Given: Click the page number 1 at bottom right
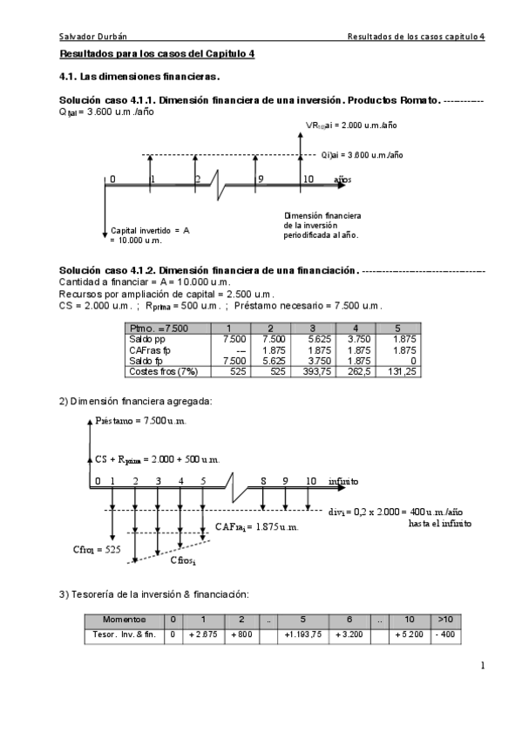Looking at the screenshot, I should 482,667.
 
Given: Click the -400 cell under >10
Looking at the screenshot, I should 444,634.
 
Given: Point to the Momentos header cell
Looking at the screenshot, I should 123,620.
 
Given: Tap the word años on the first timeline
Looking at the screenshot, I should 342,180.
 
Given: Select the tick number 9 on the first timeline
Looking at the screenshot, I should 260,180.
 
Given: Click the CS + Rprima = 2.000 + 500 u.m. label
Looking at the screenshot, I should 157,459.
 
